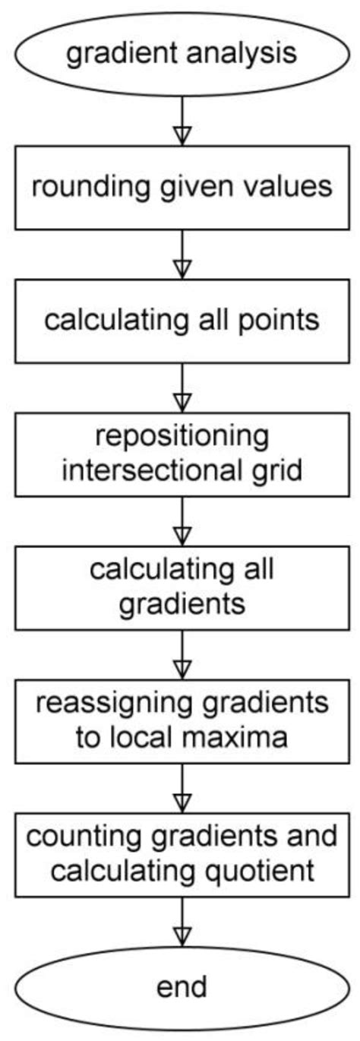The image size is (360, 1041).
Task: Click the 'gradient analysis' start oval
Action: click(x=180, y=55)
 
